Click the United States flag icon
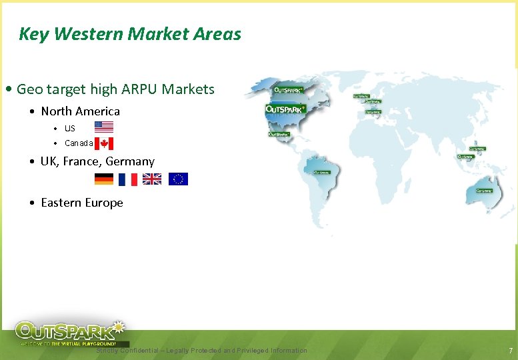103,127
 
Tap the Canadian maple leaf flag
104,143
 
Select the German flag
103,179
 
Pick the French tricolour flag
127,179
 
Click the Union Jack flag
152,179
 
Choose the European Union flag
178,179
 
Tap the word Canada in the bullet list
79,143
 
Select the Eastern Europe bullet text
82,203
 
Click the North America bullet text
80,111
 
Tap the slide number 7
510,351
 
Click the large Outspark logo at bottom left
71,332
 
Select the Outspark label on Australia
484,190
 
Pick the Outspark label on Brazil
322,172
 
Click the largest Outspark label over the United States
286,109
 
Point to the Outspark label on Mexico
279,134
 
